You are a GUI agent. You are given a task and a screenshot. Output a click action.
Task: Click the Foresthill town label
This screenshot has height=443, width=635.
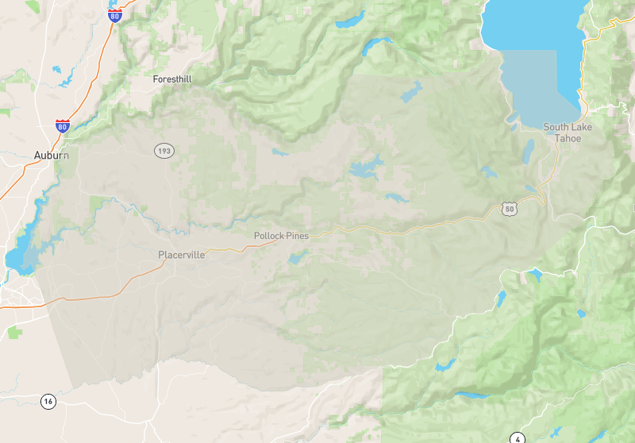pyautogui.click(x=172, y=79)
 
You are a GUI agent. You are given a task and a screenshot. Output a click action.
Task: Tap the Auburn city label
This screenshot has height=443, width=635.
pyautogui.click(x=52, y=156)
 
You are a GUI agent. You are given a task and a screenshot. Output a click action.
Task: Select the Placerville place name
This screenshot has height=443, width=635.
pyautogui.click(x=182, y=255)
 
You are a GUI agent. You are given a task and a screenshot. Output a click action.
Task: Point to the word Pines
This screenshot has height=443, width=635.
pyautogui.click(x=298, y=236)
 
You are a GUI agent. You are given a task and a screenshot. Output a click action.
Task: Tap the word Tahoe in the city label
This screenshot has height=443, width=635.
pyautogui.click(x=568, y=138)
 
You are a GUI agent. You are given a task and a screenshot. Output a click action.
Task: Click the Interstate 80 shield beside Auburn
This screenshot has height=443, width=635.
pyautogui.click(x=63, y=125)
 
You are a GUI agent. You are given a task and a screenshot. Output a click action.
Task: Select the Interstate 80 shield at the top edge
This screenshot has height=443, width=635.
pyautogui.click(x=115, y=16)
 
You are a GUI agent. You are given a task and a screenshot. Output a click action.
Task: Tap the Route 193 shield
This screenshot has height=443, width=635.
pyautogui.click(x=164, y=150)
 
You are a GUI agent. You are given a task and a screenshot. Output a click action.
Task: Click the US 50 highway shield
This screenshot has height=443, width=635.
pyautogui.click(x=509, y=208)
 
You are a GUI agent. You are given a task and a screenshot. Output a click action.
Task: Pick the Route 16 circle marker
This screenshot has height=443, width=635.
pyautogui.click(x=48, y=402)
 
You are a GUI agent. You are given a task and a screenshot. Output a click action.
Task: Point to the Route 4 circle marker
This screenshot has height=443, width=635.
pyautogui.click(x=518, y=437)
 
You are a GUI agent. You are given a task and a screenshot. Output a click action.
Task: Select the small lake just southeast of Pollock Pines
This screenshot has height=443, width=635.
pyautogui.click(x=298, y=257)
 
